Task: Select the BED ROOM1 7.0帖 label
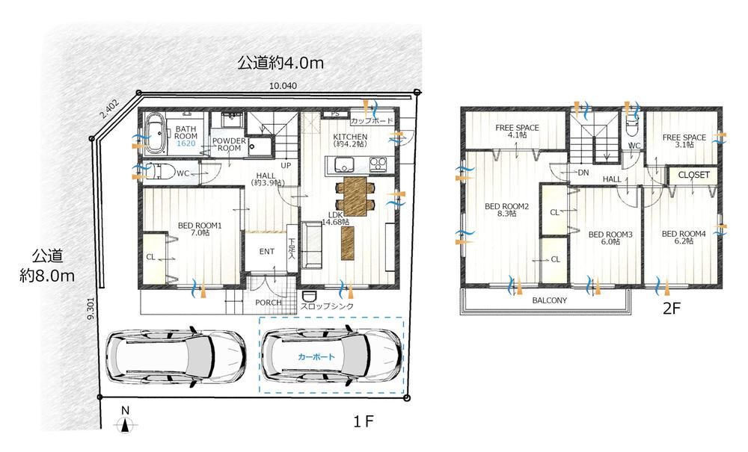200,229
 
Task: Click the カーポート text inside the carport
316,356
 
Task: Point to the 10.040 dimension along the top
283,86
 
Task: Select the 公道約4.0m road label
280,63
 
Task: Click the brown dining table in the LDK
355,196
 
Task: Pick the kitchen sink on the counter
343,165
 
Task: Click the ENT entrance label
267,252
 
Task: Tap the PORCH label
268,303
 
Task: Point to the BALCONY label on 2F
550,300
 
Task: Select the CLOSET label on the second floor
693,175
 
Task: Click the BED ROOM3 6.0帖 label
610,238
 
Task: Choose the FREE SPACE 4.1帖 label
517,131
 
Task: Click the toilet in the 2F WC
633,128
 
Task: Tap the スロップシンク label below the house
328,306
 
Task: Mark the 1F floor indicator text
364,421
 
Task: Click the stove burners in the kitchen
377,165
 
